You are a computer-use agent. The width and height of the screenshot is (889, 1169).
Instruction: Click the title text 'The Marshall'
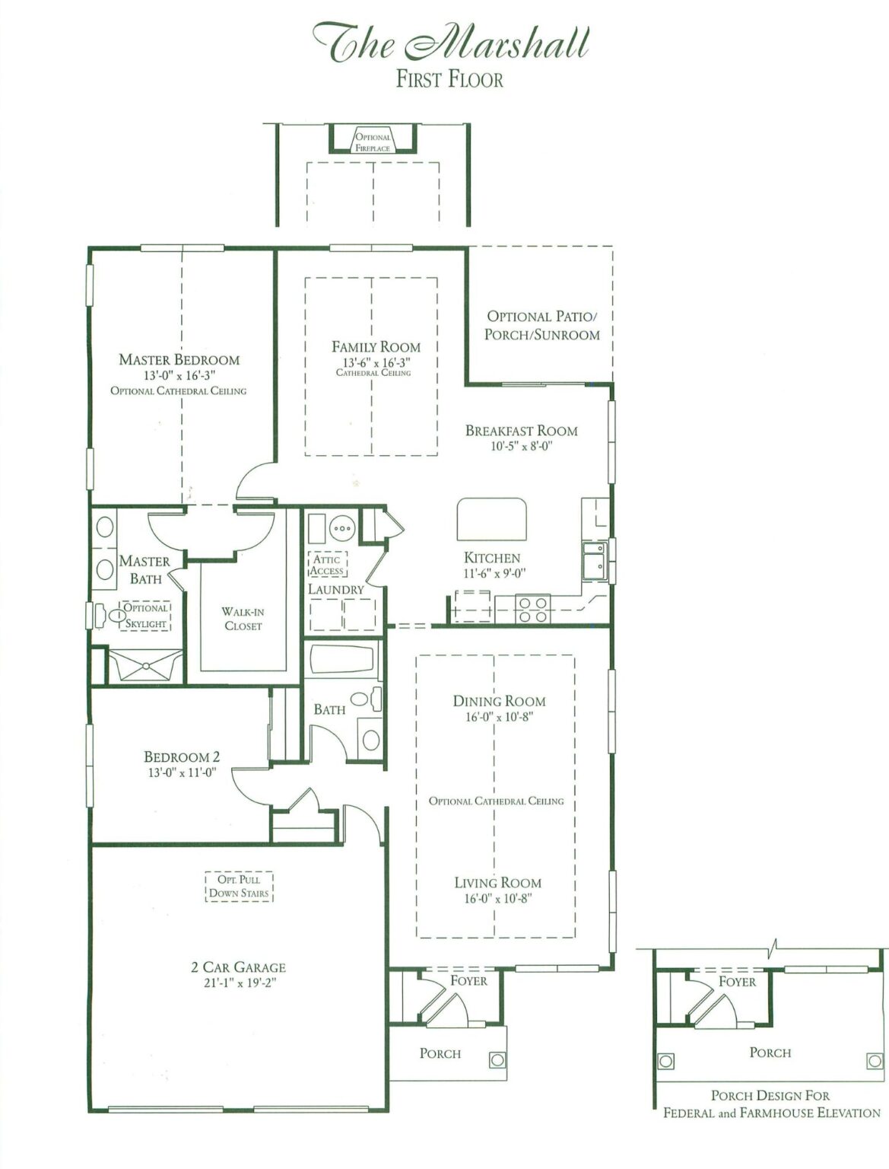[x=450, y=42]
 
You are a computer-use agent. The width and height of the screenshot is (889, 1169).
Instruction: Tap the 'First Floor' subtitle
[x=449, y=79]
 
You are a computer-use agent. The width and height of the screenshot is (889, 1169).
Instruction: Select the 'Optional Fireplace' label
[x=373, y=142]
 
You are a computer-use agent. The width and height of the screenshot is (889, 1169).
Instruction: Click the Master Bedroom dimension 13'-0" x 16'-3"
[x=179, y=375]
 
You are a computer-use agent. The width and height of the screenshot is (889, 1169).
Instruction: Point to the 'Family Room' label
[x=376, y=346]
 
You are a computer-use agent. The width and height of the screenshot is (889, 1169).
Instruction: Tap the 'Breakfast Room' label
[x=521, y=431]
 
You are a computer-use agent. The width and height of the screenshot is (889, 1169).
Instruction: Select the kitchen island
[x=491, y=519]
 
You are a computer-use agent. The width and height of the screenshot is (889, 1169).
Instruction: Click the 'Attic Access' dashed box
[x=327, y=565]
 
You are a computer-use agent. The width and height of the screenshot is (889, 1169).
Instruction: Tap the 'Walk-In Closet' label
[x=243, y=619]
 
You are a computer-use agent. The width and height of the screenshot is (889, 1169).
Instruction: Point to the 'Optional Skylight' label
[x=145, y=616]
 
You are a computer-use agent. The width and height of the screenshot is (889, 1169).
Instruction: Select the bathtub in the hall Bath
[x=342, y=659]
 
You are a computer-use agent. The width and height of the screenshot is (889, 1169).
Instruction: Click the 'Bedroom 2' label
[x=182, y=757]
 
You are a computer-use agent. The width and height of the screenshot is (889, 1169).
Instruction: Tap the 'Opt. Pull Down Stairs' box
[x=239, y=887]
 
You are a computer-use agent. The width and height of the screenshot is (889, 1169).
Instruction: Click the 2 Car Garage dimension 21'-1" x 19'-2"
[x=238, y=983]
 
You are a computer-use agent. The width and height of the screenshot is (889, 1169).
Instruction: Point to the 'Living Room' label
[x=497, y=883]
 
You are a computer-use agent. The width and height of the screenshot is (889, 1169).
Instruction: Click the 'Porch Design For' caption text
[x=770, y=1095]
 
